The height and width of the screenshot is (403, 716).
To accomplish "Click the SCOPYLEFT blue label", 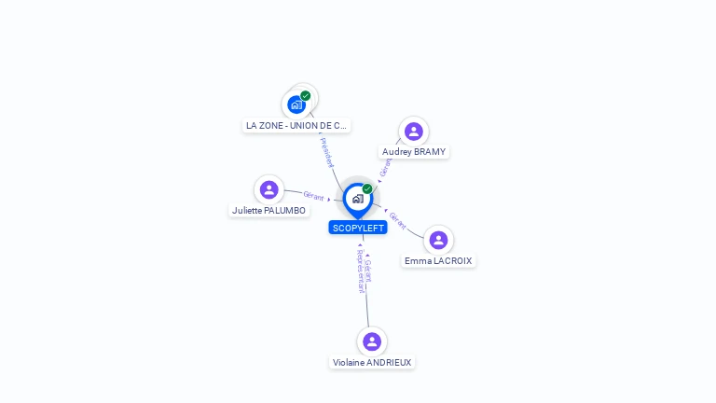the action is pos(358,228).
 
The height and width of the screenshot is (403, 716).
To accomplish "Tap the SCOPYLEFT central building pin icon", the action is pos(357,199).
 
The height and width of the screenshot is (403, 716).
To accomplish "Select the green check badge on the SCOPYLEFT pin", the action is pos(367,189).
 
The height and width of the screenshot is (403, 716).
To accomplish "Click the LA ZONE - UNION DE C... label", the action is pos(296,125).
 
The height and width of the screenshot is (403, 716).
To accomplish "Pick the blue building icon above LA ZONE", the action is pos(296,104).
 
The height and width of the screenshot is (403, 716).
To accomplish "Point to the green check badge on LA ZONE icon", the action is pos(306,95).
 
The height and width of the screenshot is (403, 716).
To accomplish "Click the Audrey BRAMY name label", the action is pos(414,151).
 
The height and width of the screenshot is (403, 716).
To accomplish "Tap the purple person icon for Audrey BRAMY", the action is pos(414,132).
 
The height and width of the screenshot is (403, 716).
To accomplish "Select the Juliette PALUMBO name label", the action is pos(268,210).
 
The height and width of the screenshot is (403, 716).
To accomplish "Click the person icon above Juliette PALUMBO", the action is pos(269,190).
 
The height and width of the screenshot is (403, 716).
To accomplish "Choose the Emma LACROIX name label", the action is pos(438,261).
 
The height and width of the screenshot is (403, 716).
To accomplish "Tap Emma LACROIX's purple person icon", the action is pos(438,241).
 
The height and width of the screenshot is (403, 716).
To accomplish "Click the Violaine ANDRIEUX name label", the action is pos(372,362).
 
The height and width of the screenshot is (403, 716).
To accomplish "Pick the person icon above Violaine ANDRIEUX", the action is pos(372,341).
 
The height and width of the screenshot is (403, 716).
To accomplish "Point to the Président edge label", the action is pos(326,152).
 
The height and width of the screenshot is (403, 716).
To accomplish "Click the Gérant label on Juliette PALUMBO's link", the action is pos(313,196).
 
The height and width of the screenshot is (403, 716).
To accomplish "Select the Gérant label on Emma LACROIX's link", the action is pos(398,221).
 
